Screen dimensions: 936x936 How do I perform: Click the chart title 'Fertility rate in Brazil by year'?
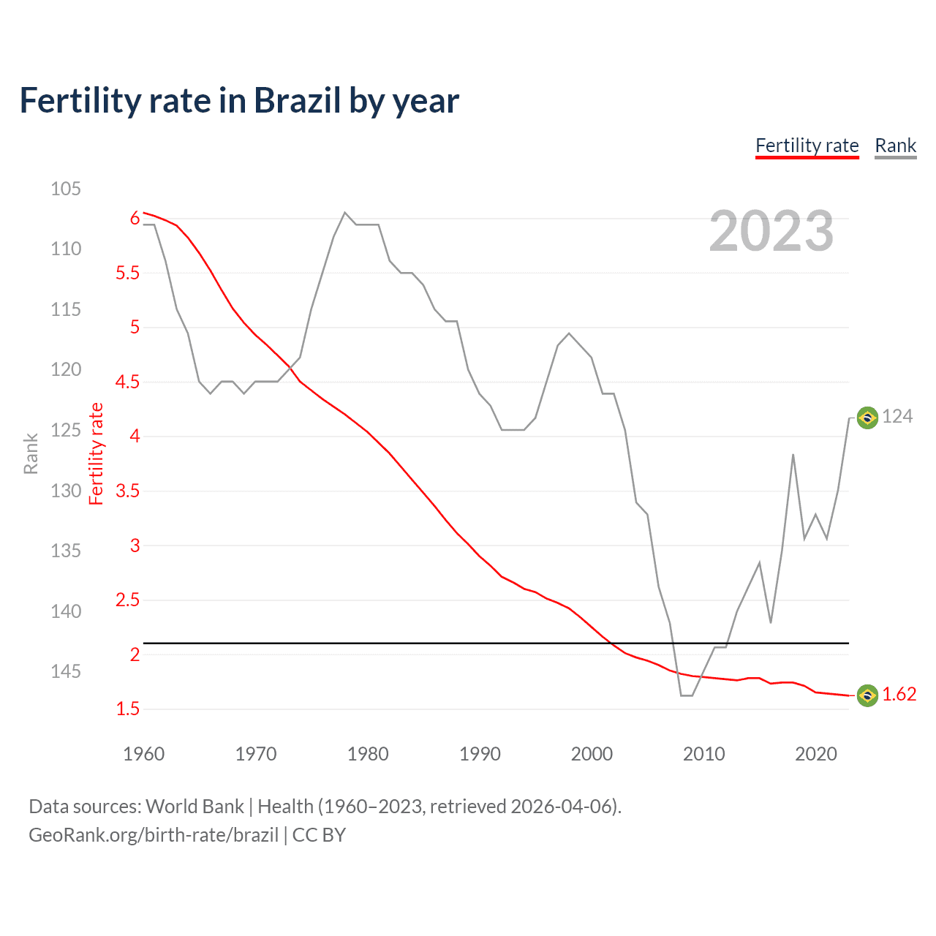click(x=239, y=101)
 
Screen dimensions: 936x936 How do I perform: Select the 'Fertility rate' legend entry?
click(x=807, y=146)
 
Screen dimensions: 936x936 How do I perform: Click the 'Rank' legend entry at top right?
click(x=895, y=146)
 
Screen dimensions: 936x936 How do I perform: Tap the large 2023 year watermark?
click(x=771, y=231)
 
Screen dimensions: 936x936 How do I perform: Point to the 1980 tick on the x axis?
click(x=368, y=754)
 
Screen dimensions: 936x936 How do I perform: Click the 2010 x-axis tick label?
click(x=703, y=754)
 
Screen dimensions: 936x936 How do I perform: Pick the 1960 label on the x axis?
click(x=144, y=754)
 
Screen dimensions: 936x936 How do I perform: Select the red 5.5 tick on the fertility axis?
click(x=127, y=273)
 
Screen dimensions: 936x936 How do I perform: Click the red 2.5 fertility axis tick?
click(x=127, y=600)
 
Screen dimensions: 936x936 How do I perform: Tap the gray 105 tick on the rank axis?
click(x=66, y=189)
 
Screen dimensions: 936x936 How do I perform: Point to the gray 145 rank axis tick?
click(x=66, y=671)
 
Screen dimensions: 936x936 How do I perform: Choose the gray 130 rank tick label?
click(x=66, y=491)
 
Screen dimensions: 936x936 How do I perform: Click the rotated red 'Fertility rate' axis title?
click(x=97, y=453)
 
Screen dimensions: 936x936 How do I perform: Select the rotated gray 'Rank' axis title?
click(x=31, y=453)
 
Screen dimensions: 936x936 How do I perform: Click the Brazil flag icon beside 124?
click(x=867, y=418)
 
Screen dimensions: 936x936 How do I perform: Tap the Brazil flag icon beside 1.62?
click(x=867, y=695)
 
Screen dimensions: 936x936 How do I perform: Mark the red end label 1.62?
click(x=899, y=695)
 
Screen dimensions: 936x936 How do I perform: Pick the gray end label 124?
click(x=897, y=417)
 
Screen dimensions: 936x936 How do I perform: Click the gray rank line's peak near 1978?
click(x=345, y=213)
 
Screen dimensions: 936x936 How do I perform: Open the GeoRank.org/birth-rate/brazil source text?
click(x=154, y=835)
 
